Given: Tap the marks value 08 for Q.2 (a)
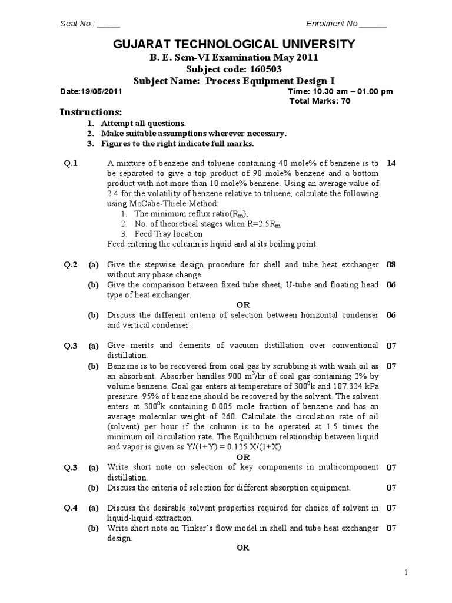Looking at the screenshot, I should (x=391, y=265).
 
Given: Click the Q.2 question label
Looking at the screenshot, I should (x=71, y=265).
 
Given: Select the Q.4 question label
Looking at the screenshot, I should (x=71, y=508).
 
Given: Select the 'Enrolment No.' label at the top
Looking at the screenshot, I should (x=333, y=24).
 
